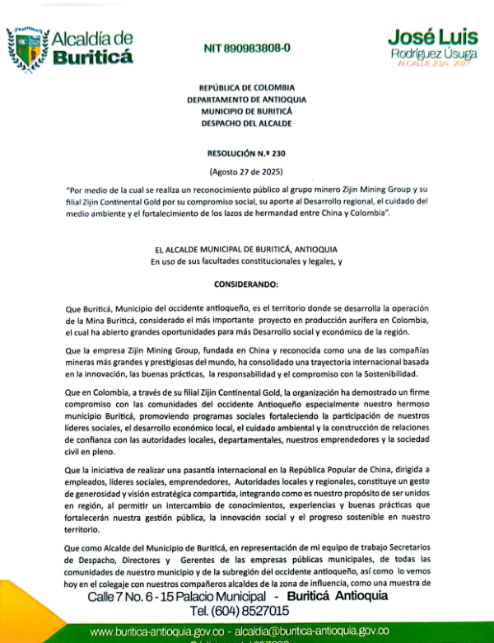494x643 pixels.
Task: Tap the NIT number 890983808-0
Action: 246,49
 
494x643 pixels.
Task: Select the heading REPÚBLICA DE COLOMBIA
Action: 246,87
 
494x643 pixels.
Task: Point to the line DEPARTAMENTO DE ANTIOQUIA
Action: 246,99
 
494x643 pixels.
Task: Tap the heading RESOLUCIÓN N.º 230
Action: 246,153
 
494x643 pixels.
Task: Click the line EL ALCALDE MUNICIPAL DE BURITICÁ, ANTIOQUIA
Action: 246,250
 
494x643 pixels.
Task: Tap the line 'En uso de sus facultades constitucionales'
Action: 246,262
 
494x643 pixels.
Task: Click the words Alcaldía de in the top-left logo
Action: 91,38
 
